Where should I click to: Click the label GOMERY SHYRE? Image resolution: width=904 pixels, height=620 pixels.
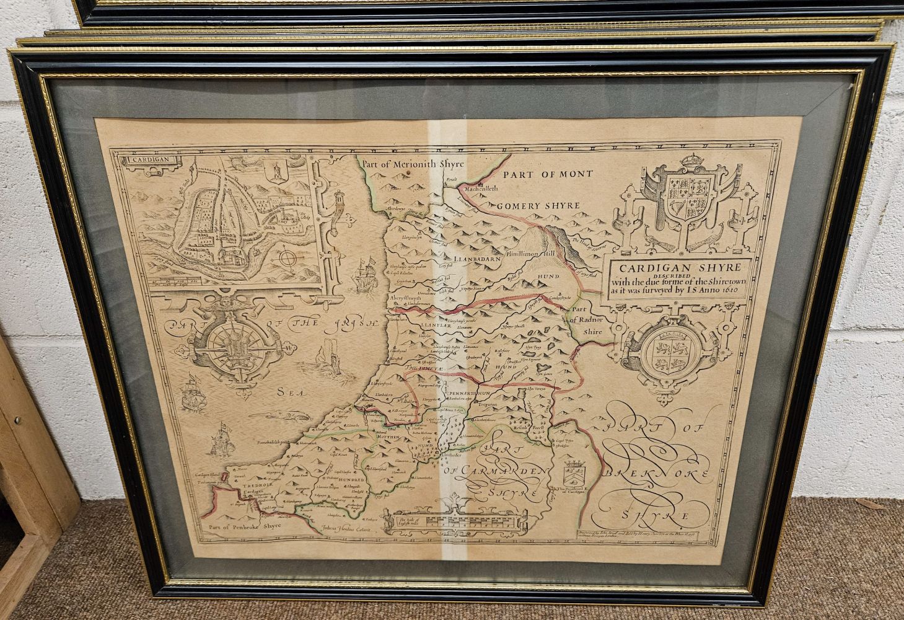537,205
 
